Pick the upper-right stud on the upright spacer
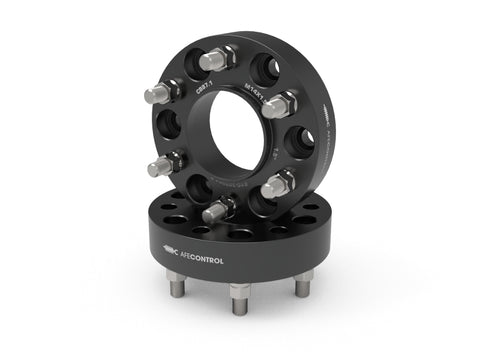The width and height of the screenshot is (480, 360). tap(278, 103)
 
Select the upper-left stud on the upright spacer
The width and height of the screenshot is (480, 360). tap(162, 93)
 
